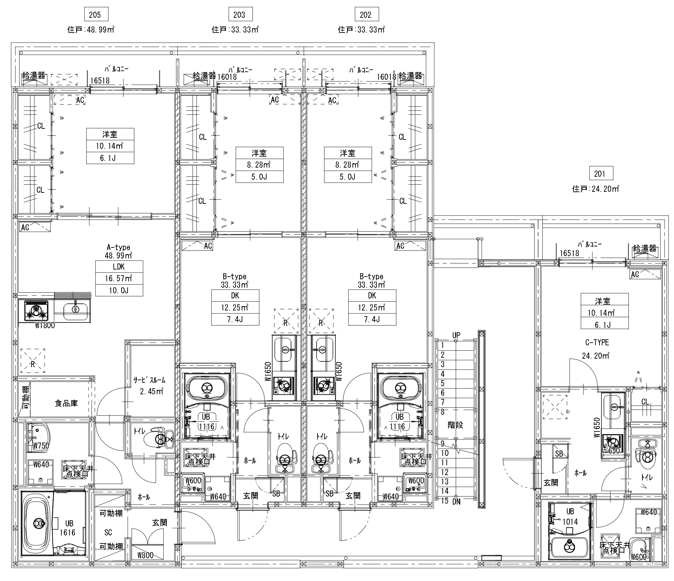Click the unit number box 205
click(x=95, y=15)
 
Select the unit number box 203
click(x=239, y=15)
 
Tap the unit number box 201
click(x=599, y=174)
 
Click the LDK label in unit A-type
click(x=119, y=267)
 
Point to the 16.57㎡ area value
click(x=119, y=279)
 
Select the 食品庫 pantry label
click(x=66, y=403)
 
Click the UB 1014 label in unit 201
click(x=570, y=517)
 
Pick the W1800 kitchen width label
click(x=45, y=326)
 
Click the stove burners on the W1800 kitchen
click(x=36, y=311)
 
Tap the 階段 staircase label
click(x=455, y=425)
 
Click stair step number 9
click(x=443, y=444)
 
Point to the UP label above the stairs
click(x=456, y=335)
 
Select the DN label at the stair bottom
click(x=456, y=502)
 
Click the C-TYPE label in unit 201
click(x=597, y=343)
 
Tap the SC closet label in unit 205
click(x=108, y=532)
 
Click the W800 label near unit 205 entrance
click(x=145, y=555)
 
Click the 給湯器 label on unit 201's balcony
click(x=644, y=248)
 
